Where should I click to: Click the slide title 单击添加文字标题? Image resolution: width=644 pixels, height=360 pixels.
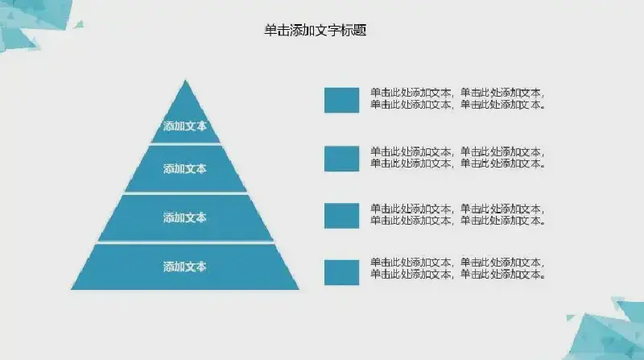(x=315, y=31)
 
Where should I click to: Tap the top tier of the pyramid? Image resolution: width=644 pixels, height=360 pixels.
(x=185, y=119)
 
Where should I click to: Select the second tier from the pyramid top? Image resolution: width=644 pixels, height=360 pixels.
(x=185, y=168)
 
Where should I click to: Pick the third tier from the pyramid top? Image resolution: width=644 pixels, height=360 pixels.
(x=185, y=217)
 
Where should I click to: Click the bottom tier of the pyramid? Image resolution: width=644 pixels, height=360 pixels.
(x=185, y=267)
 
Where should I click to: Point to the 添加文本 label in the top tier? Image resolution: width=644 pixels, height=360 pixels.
(x=185, y=126)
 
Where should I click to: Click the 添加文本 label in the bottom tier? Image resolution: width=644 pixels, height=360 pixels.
(x=185, y=267)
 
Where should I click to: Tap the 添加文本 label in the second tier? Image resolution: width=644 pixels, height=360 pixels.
(x=185, y=169)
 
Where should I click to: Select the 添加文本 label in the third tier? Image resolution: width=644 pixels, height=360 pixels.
(x=185, y=217)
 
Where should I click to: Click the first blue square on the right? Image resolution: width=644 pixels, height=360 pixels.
(x=341, y=100)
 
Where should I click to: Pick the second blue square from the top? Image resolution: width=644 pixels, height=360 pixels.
(x=341, y=159)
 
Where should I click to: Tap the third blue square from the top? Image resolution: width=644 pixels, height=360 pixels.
(x=341, y=216)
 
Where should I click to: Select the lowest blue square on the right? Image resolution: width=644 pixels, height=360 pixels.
(x=341, y=272)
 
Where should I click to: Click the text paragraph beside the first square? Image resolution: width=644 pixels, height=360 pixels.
(x=458, y=98)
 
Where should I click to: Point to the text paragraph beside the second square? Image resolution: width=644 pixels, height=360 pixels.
(x=458, y=157)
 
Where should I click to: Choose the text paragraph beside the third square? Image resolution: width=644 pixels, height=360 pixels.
(x=458, y=214)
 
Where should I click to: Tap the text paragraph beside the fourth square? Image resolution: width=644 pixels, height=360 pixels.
(x=458, y=268)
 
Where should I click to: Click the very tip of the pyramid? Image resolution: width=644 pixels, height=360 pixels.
(x=185, y=80)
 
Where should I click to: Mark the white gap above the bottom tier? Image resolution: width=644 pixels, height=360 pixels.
(x=185, y=242)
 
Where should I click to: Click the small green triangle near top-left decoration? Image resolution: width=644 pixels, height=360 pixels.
(x=79, y=25)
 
